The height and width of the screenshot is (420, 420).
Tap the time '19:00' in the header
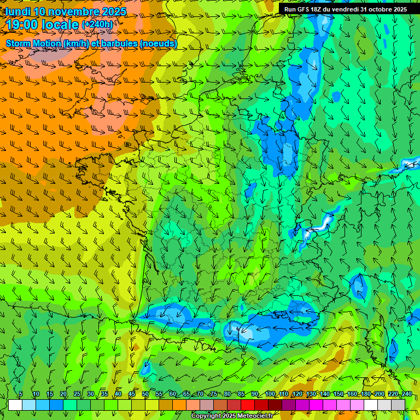pos(24,25)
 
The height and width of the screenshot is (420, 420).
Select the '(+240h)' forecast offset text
pos(98,25)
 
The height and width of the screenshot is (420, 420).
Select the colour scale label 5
pos(21,394)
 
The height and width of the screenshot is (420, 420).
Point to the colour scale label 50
pos(145,394)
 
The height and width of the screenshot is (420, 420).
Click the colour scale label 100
pos(270,394)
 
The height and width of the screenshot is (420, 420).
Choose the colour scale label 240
pos(406,394)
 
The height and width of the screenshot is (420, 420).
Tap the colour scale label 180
pos(365,394)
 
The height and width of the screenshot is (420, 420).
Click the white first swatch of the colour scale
pos(15,405)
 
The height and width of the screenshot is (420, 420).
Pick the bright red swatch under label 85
pos(248,405)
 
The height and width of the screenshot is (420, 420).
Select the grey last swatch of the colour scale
pos(398,405)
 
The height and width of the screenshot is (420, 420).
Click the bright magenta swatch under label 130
pos(316,405)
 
